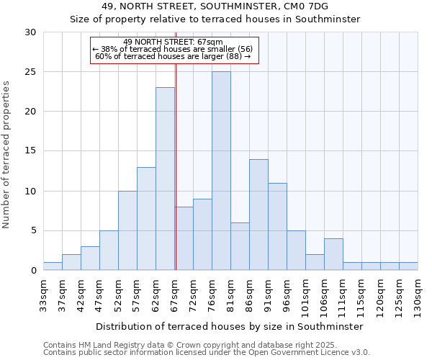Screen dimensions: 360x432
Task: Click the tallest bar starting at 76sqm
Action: pos(221,171)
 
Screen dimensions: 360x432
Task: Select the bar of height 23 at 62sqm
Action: pos(165,179)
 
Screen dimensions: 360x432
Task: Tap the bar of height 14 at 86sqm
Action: pos(258,215)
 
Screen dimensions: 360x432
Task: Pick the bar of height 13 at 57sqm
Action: pos(146,219)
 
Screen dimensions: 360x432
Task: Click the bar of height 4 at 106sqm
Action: pos(333,254)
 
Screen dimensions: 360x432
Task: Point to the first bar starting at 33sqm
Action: pos(53,266)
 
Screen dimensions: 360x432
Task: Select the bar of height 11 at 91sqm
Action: pos(277,227)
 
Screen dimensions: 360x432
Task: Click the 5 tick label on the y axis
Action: pos(33,231)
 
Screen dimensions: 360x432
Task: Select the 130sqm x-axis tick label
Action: pos(418,294)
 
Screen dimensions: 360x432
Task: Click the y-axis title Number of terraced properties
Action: pos(7,155)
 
